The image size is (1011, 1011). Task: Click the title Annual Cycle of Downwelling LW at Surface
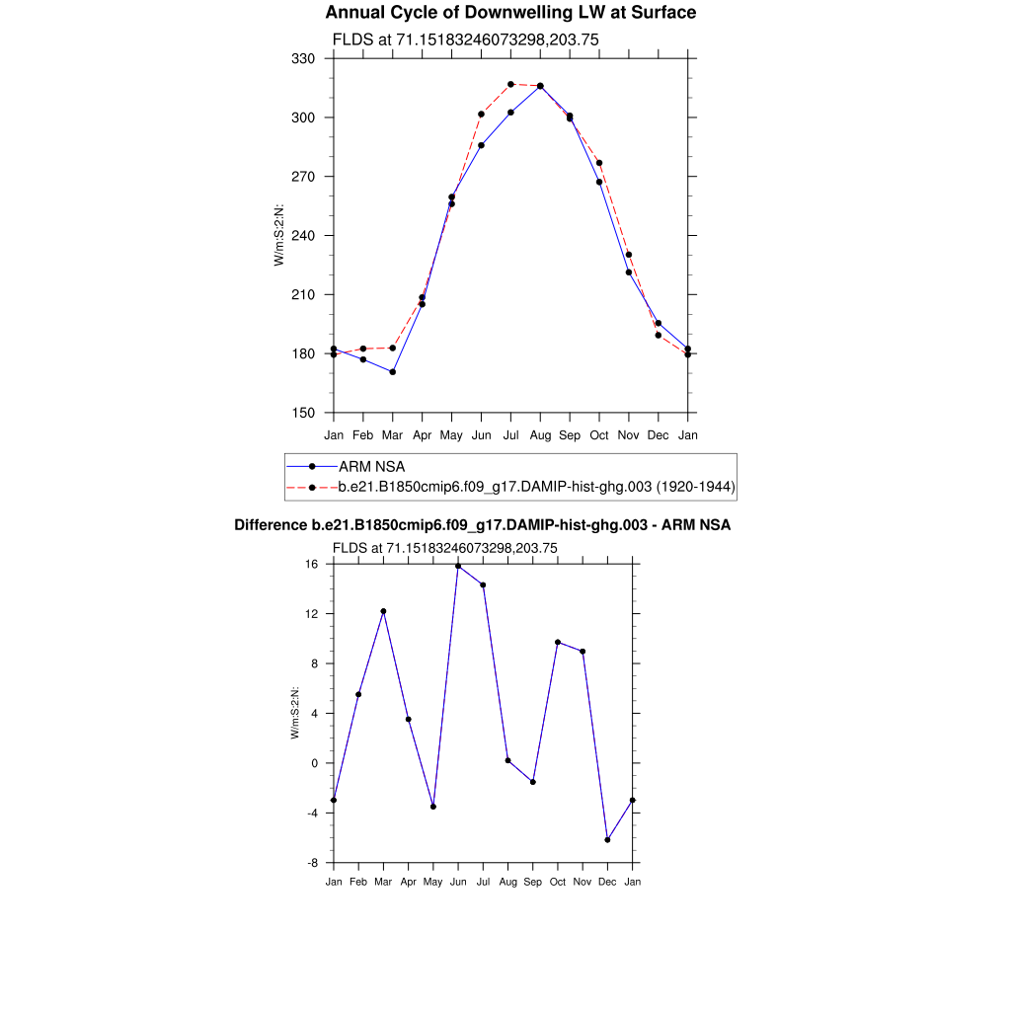510,13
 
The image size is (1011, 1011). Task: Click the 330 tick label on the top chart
303,59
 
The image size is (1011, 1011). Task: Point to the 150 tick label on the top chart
303,414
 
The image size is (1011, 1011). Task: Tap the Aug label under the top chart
540,434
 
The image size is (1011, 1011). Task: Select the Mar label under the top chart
392,434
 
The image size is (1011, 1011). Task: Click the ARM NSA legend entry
371,466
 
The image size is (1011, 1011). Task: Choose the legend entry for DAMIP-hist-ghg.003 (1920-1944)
537,487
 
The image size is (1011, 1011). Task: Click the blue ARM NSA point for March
393,372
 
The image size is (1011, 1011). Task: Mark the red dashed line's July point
510,85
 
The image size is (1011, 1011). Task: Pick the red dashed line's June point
481,115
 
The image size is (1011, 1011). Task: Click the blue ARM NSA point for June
481,145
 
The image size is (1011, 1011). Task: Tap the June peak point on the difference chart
458,566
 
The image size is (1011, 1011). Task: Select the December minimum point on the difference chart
607,840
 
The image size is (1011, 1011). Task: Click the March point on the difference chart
383,611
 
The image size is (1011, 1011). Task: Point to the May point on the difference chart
433,807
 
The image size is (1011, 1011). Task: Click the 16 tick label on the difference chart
312,565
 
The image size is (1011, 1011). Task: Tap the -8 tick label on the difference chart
312,863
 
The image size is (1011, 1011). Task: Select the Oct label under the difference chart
558,882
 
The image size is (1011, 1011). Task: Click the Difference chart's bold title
482,525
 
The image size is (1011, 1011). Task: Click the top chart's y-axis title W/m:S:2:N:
279,235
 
